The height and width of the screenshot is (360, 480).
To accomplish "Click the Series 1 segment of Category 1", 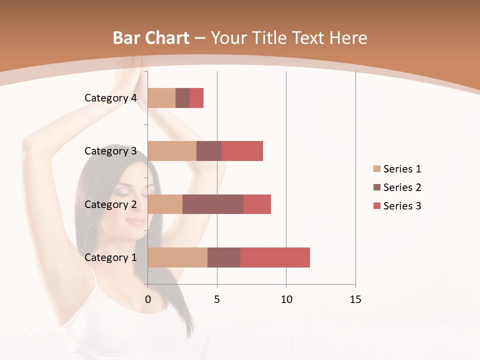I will pos(177,257).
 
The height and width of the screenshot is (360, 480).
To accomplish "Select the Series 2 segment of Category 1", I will pos(224,257).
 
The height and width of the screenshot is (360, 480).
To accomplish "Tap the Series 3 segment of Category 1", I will pos(275,257).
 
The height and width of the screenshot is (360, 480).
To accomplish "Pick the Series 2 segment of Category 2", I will pos(213,204).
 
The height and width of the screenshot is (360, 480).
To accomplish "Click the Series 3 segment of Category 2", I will pos(257,204).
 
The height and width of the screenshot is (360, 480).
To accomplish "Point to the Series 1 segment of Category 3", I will pos(172,151).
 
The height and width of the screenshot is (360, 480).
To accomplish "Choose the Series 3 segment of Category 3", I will pos(242,151).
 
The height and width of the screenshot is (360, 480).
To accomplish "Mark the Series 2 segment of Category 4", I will pos(182,98).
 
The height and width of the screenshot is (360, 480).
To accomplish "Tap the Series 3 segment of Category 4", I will pos(196,98).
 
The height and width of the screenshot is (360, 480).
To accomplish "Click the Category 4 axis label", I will pos(110,98).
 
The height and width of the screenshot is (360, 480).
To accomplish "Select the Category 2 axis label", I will pos(110,204).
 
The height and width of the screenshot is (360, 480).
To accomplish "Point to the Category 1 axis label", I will pos(110,257).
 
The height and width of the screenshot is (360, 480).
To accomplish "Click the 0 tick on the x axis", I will pos(148,299).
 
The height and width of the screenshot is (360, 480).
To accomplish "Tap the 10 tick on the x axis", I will pos(286,299).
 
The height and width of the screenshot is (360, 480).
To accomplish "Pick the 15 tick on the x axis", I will pos(355,299).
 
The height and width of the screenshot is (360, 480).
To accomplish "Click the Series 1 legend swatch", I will pos(376,169).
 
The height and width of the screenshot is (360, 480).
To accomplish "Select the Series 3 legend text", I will pos(402,206).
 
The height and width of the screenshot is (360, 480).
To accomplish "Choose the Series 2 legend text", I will pos(402,187).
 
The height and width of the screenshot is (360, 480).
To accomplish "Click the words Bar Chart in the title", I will pos(151,38).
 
